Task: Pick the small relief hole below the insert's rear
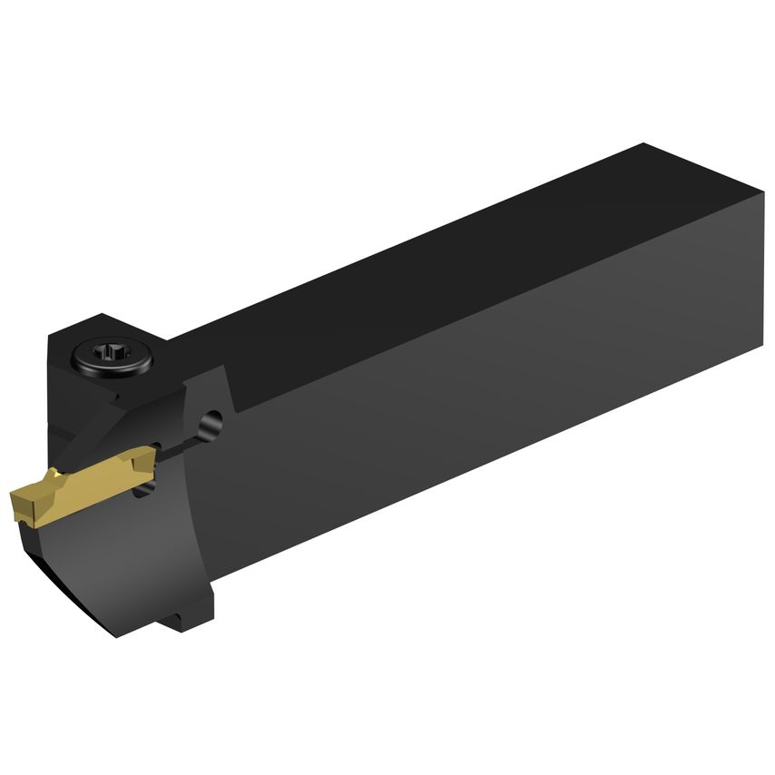click(x=142, y=489)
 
